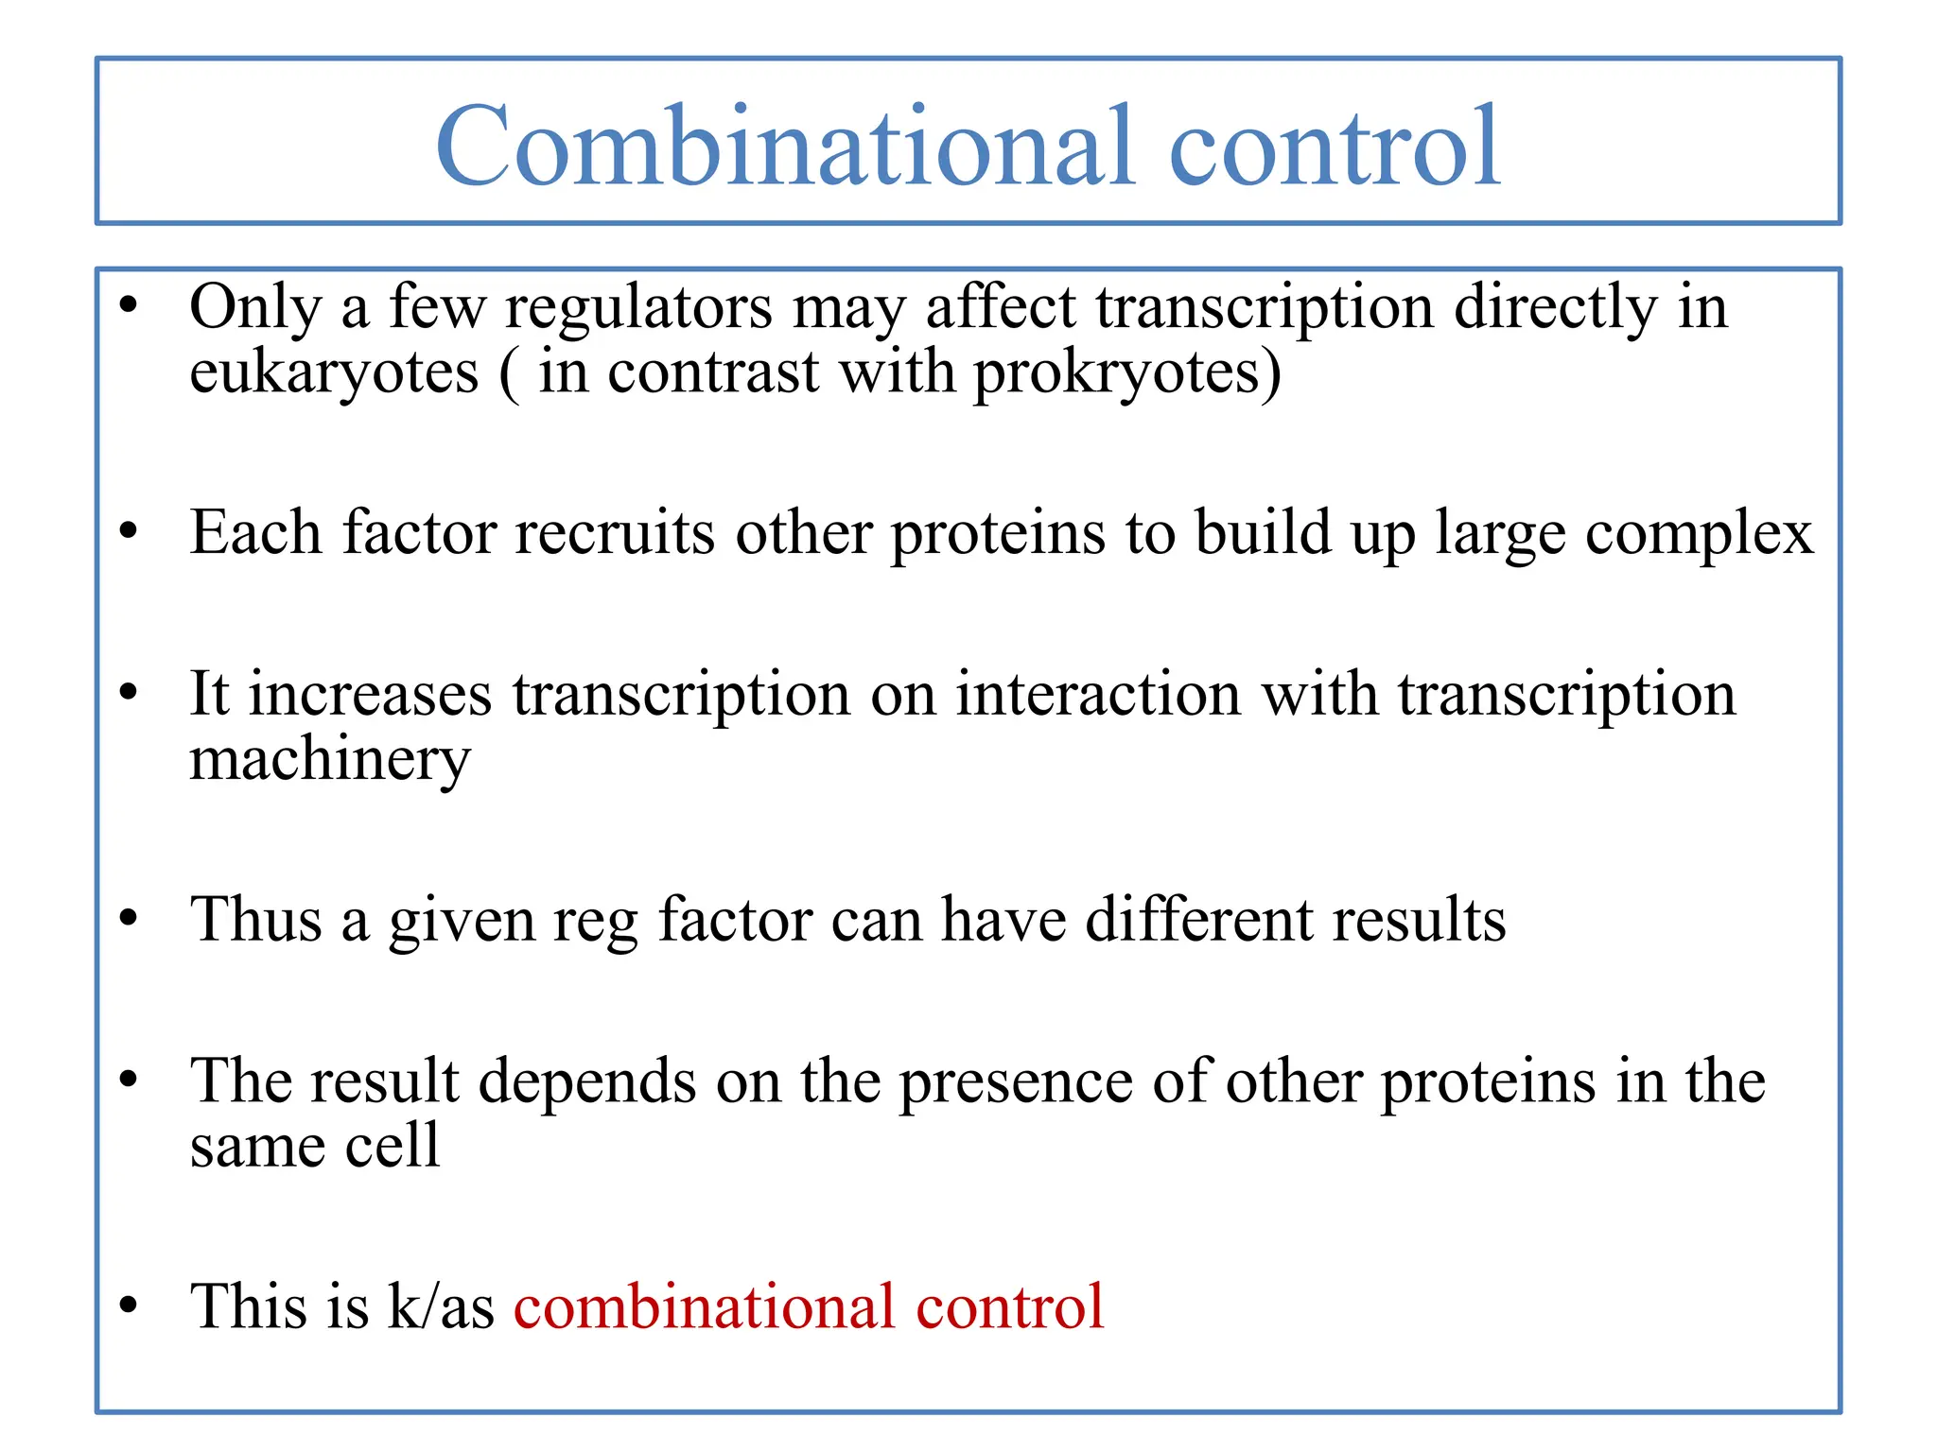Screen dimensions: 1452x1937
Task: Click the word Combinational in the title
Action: point(785,147)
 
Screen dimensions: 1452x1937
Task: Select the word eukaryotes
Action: point(334,373)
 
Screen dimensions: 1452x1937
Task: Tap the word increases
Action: point(370,695)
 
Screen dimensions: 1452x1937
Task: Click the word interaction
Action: point(1097,695)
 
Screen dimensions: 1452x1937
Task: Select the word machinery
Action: point(329,759)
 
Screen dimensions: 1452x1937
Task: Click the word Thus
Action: point(255,919)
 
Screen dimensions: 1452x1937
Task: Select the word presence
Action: point(1016,1081)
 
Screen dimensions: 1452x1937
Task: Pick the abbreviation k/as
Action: point(441,1306)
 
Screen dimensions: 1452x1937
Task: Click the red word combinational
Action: point(704,1306)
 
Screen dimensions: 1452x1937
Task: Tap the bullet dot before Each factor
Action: point(129,532)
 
